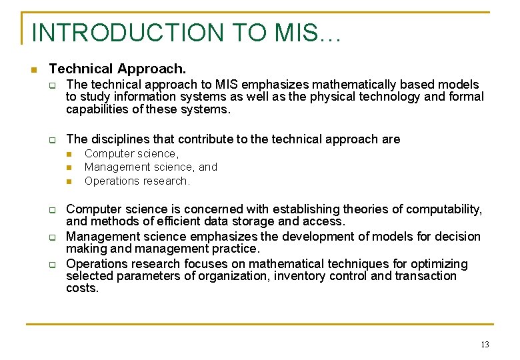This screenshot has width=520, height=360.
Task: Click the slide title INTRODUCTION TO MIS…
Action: (186, 33)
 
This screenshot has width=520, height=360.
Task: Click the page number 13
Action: (484, 345)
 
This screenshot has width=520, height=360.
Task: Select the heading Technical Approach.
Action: (117, 69)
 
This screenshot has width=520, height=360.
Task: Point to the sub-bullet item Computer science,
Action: (131, 153)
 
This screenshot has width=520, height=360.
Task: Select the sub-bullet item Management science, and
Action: (151, 167)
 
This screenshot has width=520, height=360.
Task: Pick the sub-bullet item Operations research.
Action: (137, 181)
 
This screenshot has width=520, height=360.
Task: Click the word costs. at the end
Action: (82, 288)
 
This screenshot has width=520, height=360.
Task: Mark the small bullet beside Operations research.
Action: (69, 181)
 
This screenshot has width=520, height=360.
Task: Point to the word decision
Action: (457, 237)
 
